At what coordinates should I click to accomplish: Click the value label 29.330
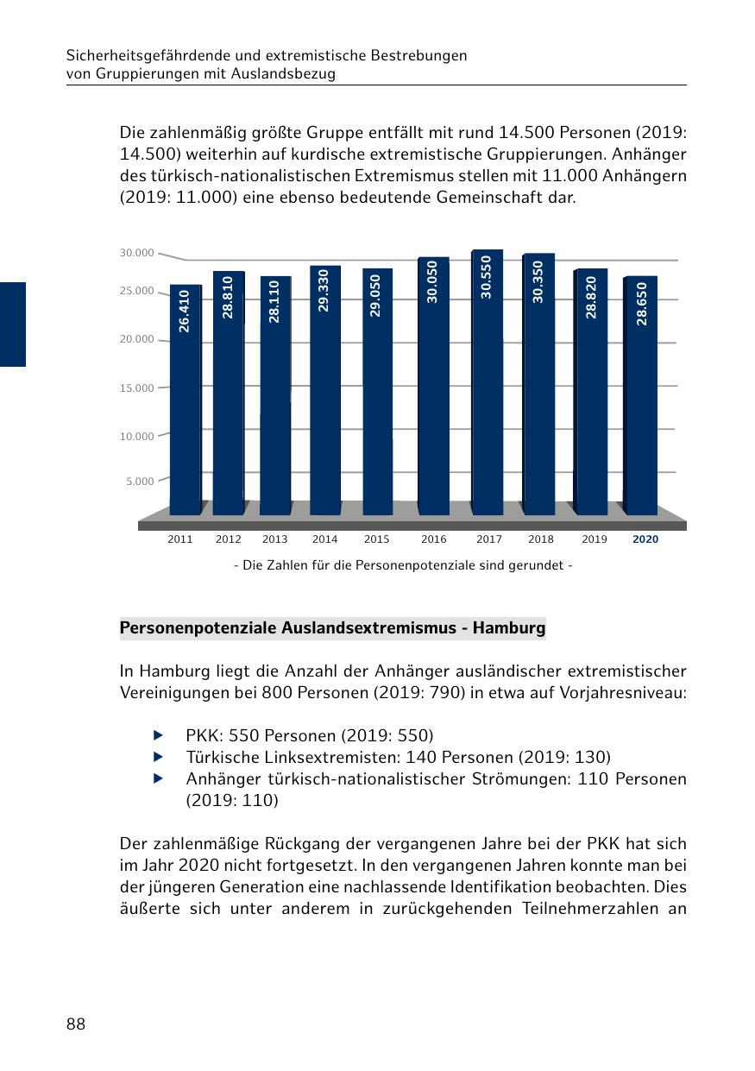[324, 291]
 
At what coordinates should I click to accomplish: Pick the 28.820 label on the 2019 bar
[591, 298]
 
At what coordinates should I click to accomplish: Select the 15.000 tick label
[137, 387]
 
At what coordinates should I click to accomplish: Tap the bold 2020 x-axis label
[645, 539]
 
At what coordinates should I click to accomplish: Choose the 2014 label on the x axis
[324, 539]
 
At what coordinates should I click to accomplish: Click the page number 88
[76, 1024]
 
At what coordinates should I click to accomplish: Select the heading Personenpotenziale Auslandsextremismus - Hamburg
[332, 628]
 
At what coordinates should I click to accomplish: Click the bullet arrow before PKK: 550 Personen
[158, 736]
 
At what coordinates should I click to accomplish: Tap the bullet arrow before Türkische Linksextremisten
[158, 757]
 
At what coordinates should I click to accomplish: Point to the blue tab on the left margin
[13, 324]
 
